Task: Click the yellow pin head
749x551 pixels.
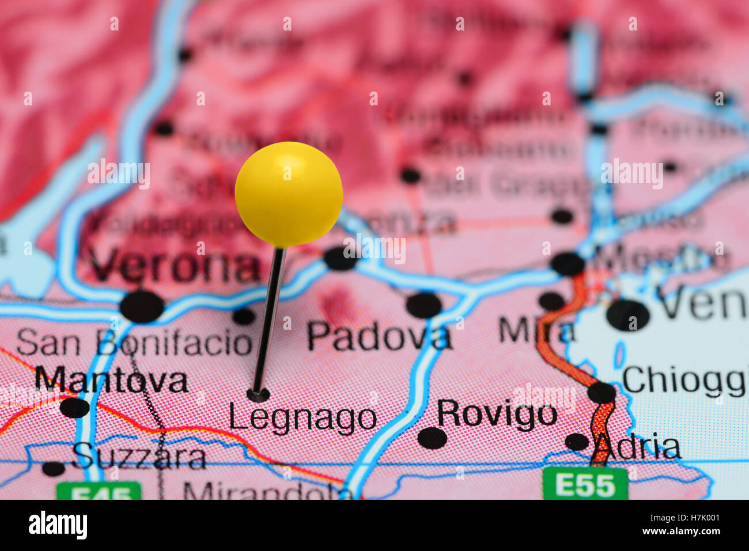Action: (x=289, y=194)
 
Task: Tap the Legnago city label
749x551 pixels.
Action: (x=302, y=419)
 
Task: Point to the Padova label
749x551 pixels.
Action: (x=379, y=336)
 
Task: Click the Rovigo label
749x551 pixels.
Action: (x=497, y=413)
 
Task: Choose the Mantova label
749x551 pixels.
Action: (x=111, y=381)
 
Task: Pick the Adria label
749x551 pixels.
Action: (x=638, y=447)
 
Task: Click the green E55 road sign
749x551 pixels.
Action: (x=585, y=484)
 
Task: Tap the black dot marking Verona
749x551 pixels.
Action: (x=142, y=306)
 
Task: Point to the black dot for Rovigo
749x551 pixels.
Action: (x=432, y=438)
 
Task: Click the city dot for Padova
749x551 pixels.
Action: (x=423, y=305)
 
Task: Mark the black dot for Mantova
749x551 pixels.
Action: (x=74, y=408)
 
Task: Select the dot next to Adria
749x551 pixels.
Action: (x=576, y=442)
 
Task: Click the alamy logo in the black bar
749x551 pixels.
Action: (x=58, y=525)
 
